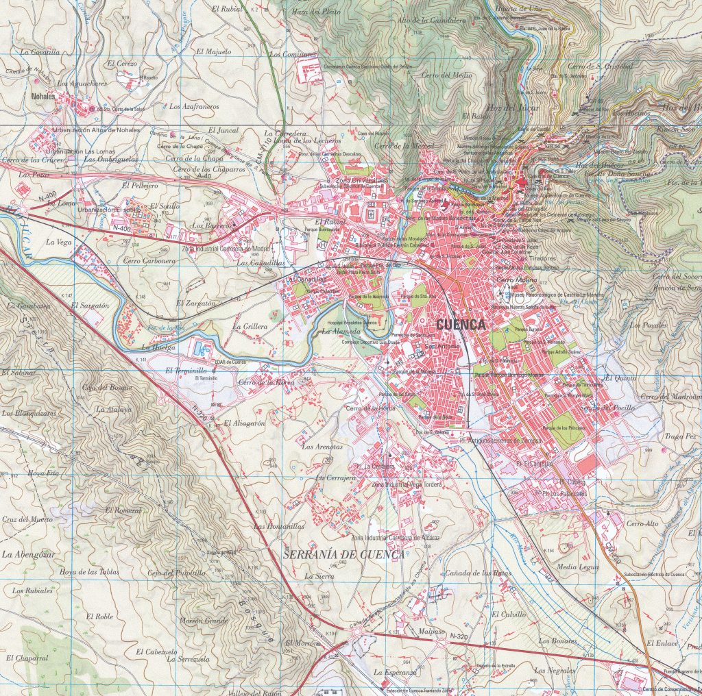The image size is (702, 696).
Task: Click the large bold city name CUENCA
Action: pyautogui.click(x=460, y=324)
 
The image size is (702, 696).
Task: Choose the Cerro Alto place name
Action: pyautogui.click(x=642, y=523)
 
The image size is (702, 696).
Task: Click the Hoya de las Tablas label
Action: pyautogui.click(x=89, y=571)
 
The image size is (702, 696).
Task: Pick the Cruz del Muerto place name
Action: pyautogui.click(x=27, y=519)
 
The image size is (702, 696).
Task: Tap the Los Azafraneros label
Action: pyautogui.click(x=193, y=106)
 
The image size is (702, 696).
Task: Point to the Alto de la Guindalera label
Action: pyautogui.click(x=432, y=21)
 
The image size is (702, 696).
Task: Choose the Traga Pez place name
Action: pyautogui.click(x=680, y=436)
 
